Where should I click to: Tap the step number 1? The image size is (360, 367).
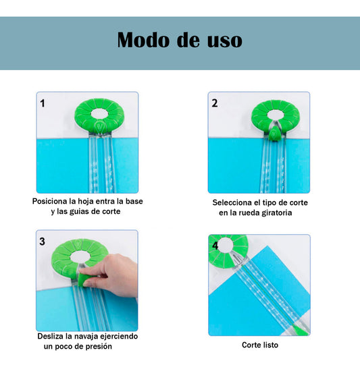[43, 103]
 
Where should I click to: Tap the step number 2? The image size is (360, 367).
[215, 103]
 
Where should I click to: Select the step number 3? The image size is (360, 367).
[43, 241]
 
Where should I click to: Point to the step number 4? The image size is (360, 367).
[215, 246]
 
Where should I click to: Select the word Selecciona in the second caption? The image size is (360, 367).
[234, 202]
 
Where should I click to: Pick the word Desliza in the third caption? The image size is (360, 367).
[53, 335]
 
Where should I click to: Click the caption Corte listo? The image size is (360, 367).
[259, 345]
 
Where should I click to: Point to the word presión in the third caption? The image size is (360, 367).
[98, 346]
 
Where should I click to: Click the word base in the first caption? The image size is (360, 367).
[134, 201]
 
